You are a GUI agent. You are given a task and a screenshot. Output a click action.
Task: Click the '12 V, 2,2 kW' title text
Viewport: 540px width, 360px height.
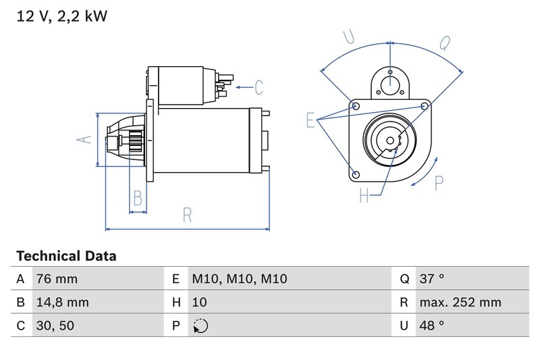(x=61, y=17)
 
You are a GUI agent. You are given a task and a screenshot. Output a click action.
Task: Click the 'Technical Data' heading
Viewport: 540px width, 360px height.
(x=66, y=257)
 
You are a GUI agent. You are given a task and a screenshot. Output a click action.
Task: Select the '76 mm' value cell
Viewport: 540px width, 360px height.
(x=57, y=279)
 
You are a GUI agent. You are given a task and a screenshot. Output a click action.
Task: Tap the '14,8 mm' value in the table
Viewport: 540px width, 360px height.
(x=62, y=303)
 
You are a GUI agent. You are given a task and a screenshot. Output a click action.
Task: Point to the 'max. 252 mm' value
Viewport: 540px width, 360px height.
(x=460, y=303)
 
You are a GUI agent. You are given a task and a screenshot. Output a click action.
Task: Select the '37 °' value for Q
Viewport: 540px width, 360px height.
(x=431, y=279)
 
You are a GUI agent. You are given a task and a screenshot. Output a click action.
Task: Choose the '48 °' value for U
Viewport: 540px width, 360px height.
(x=431, y=326)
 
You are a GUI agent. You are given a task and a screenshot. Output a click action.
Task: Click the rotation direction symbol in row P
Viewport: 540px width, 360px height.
(x=200, y=326)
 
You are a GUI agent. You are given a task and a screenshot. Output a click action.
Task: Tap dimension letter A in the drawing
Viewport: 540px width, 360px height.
(x=84, y=139)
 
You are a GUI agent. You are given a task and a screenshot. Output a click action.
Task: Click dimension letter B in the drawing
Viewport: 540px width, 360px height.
(x=138, y=198)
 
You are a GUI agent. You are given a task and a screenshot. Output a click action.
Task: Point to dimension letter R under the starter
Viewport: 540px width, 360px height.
(x=187, y=215)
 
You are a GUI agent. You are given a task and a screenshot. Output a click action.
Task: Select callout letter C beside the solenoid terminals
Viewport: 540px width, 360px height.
(x=258, y=87)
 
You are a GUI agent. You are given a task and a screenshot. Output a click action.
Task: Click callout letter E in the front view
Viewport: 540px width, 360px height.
(x=311, y=120)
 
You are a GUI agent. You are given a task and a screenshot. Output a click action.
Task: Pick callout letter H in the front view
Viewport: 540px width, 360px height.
(x=364, y=196)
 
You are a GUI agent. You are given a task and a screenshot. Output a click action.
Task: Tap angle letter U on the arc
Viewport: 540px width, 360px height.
(x=349, y=37)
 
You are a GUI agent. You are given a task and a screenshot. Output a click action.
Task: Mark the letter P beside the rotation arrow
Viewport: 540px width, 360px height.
(x=439, y=183)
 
